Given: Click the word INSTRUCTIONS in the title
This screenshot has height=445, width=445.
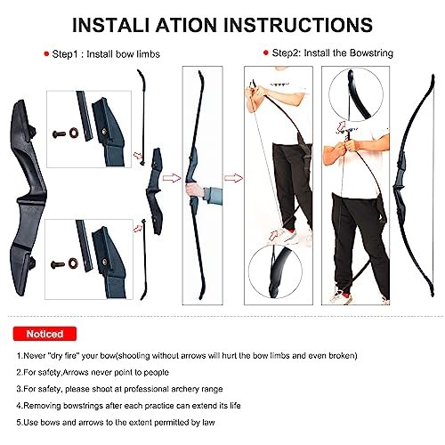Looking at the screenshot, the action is point(298,25).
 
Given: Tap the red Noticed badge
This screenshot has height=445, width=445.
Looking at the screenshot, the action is point(44,334).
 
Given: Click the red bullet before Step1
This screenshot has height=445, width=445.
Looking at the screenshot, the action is point(46,54).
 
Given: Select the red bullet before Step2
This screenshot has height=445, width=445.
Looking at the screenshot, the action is point(266,53).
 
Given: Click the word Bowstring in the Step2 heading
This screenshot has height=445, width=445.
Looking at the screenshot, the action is point(371,53).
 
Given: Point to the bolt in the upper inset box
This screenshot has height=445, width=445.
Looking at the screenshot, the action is point(59,134).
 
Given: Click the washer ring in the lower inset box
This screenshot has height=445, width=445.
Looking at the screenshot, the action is point(73,263).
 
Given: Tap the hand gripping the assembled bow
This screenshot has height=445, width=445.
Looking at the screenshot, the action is point(194,190).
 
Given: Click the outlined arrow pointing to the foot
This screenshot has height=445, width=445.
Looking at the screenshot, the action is point(273,235).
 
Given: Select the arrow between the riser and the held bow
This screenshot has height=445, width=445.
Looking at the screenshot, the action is point(172,178).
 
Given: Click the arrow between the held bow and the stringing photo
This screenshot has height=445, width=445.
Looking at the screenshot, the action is point(233,178).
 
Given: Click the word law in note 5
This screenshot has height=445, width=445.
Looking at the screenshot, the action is point(208,422).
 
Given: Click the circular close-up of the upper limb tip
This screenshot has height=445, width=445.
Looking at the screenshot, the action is point(356,94).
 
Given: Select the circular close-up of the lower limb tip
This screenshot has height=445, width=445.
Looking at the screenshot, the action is point(275,271).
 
